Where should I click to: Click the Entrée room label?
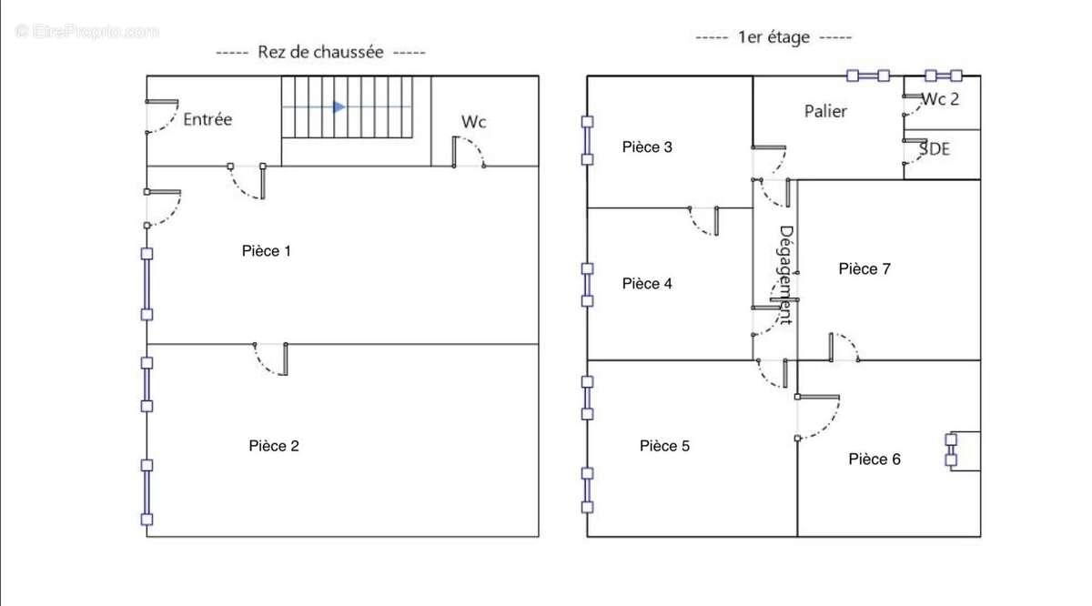[x=208, y=119]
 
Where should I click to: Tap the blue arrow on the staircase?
[x=339, y=107]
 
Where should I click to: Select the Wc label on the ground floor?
[x=474, y=121]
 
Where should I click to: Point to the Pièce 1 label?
[x=267, y=251]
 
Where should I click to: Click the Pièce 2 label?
[x=274, y=446]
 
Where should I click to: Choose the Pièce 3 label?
[x=647, y=146]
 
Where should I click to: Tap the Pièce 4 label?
[x=647, y=284]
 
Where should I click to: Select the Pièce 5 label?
[x=664, y=446]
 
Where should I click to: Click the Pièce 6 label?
[x=875, y=460]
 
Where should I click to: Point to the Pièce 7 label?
[x=864, y=268]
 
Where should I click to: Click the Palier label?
[x=825, y=111]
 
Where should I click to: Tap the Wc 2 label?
[x=940, y=99]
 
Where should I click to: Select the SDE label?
[x=935, y=148]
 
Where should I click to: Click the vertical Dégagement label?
[x=786, y=275]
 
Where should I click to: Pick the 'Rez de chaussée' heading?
[x=321, y=53]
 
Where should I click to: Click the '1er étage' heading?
[x=773, y=38]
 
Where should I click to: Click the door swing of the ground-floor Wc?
[x=470, y=150]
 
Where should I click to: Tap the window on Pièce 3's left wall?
[x=588, y=140]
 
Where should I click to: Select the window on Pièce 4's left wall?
[x=588, y=285]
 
